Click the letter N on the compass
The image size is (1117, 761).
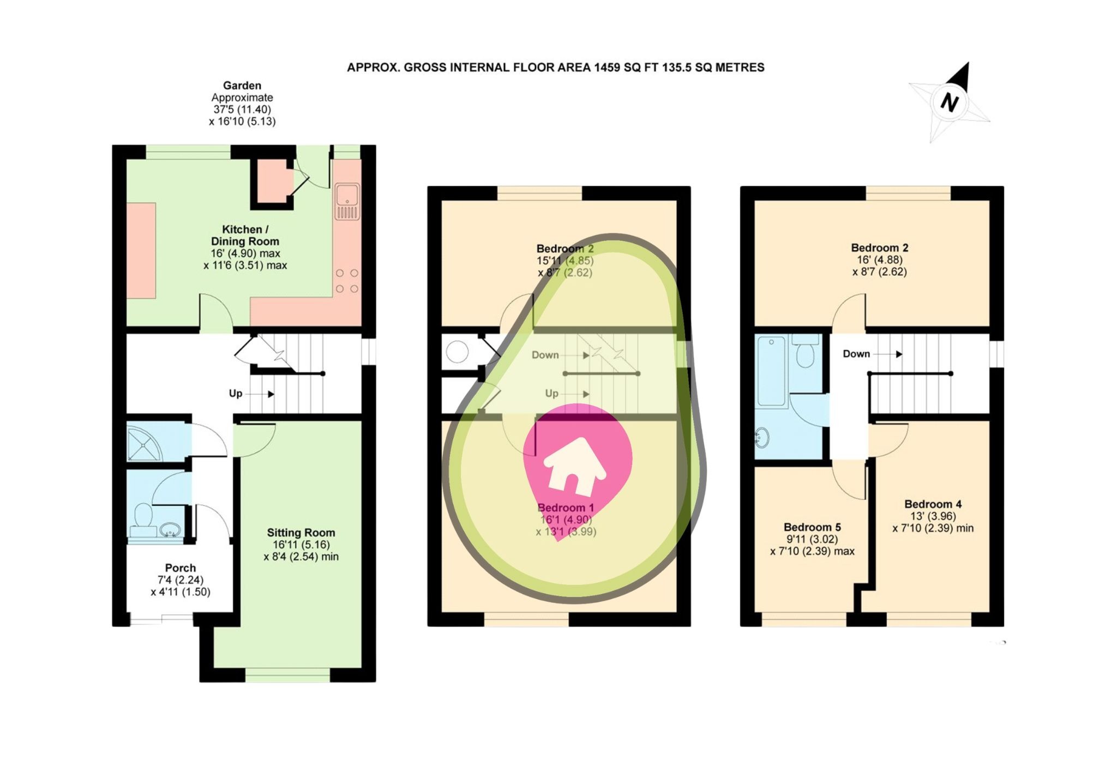[950, 102]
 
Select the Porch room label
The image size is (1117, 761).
[180, 567]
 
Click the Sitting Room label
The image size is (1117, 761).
[301, 533]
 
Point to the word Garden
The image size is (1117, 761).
[242, 86]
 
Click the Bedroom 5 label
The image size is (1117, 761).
[812, 527]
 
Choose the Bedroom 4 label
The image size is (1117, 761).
[933, 504]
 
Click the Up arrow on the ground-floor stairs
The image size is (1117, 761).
[271, 394]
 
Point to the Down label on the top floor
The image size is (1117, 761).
[856, 354]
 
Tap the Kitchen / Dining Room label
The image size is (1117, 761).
[245, 235]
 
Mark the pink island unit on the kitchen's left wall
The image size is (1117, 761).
[142, 250]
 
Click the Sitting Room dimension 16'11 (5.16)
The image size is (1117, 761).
[301, 545]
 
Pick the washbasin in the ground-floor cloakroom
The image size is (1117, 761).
[170, 529]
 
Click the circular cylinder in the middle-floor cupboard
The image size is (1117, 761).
[457, 352]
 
